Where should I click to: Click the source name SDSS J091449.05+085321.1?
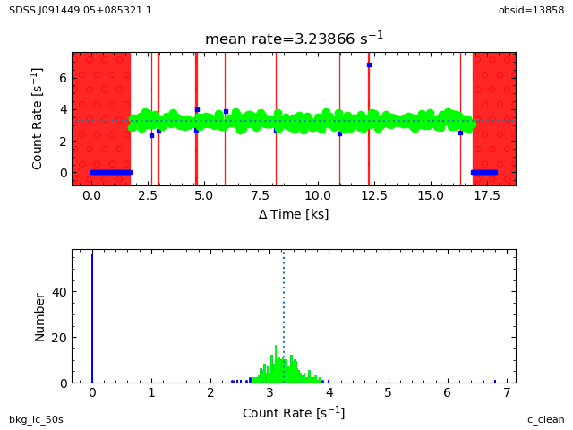[x=81, y=10]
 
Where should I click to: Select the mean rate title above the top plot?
[x=294, y=39]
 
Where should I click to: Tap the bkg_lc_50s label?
[x=36, y=419]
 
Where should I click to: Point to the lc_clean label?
[x=544, y=419]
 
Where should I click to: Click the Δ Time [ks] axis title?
[x=294, y=214]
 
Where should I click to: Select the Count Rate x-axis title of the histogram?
[x=294, y=413]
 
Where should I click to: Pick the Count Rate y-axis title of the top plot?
[x=38, y=118]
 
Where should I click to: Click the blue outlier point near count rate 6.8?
[x=369, y=64]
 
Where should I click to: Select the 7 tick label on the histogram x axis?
[x=506, y=393]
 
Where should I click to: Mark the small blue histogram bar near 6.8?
[x=494, y=381]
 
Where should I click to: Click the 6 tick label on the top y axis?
[x=62, y=78]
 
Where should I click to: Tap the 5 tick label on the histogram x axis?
[x=388, y=393]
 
